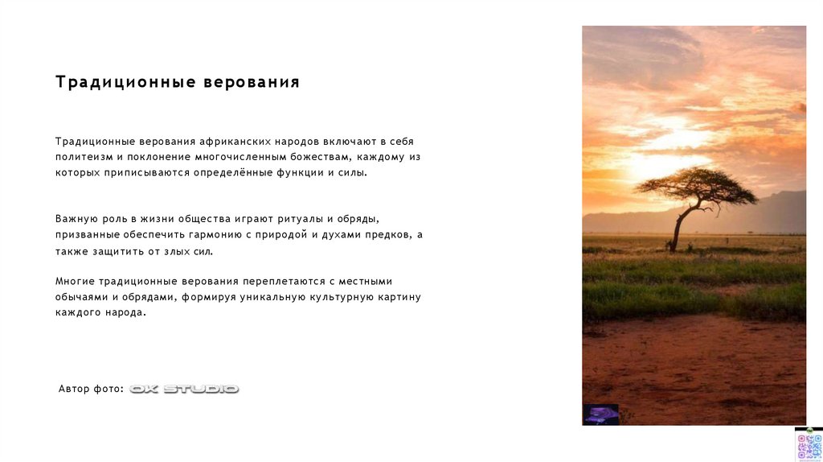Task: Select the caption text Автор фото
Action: (91, 389)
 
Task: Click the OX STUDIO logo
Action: (184, 389)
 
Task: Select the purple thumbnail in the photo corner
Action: (600, 415)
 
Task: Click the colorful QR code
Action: (808, 445)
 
